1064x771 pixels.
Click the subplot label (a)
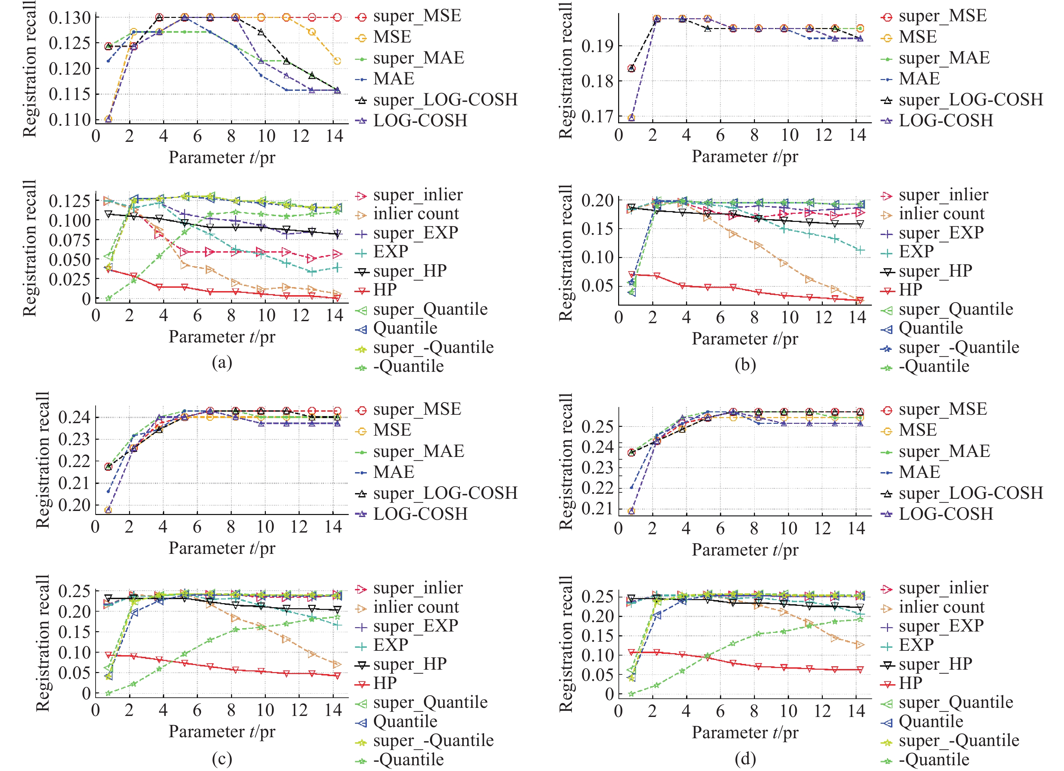[x=222, y=362]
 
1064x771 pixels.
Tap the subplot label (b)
[x=745, y=364]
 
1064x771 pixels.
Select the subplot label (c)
[x=222, y=759]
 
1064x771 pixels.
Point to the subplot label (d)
[x=745, y=759]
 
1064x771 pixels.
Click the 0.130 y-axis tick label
[x=70, y=18]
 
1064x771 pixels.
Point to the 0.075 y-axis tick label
[x=70, y=240]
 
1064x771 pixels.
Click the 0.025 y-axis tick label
[x=70, y=279]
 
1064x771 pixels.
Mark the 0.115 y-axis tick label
[x=70, y=94]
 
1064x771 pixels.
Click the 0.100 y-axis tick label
[x=70, y=221]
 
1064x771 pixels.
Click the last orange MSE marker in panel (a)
[x=337, y=61]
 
